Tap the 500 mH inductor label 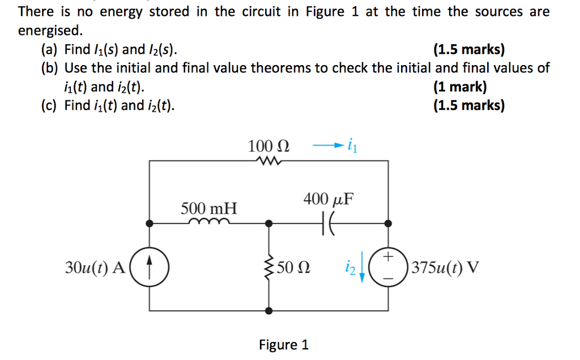tap(209, 208)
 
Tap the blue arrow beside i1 tap(328, 147)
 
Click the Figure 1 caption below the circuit tap(283, 345)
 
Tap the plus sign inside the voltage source tap(388, 256)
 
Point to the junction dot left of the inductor tap(149, 224)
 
